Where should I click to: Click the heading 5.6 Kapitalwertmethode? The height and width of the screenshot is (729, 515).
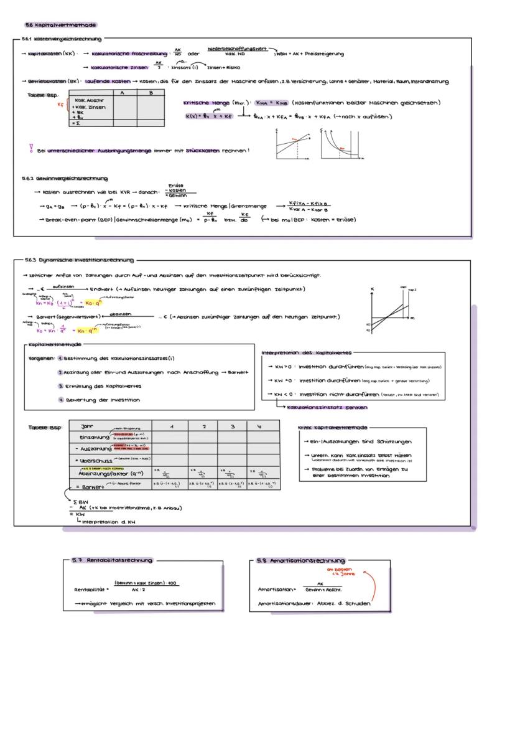click(60, 25)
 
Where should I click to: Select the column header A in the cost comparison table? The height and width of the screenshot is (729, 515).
click(123, 92)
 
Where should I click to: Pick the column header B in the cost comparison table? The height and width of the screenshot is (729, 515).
click(151, 92)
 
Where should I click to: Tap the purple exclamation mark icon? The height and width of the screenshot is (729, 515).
click(31, 149)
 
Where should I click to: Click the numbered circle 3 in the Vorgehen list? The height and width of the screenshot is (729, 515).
click(61, 386)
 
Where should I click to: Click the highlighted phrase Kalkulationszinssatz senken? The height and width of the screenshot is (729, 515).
click(326, 407)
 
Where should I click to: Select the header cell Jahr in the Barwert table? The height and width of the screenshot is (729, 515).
click(88, 426)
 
